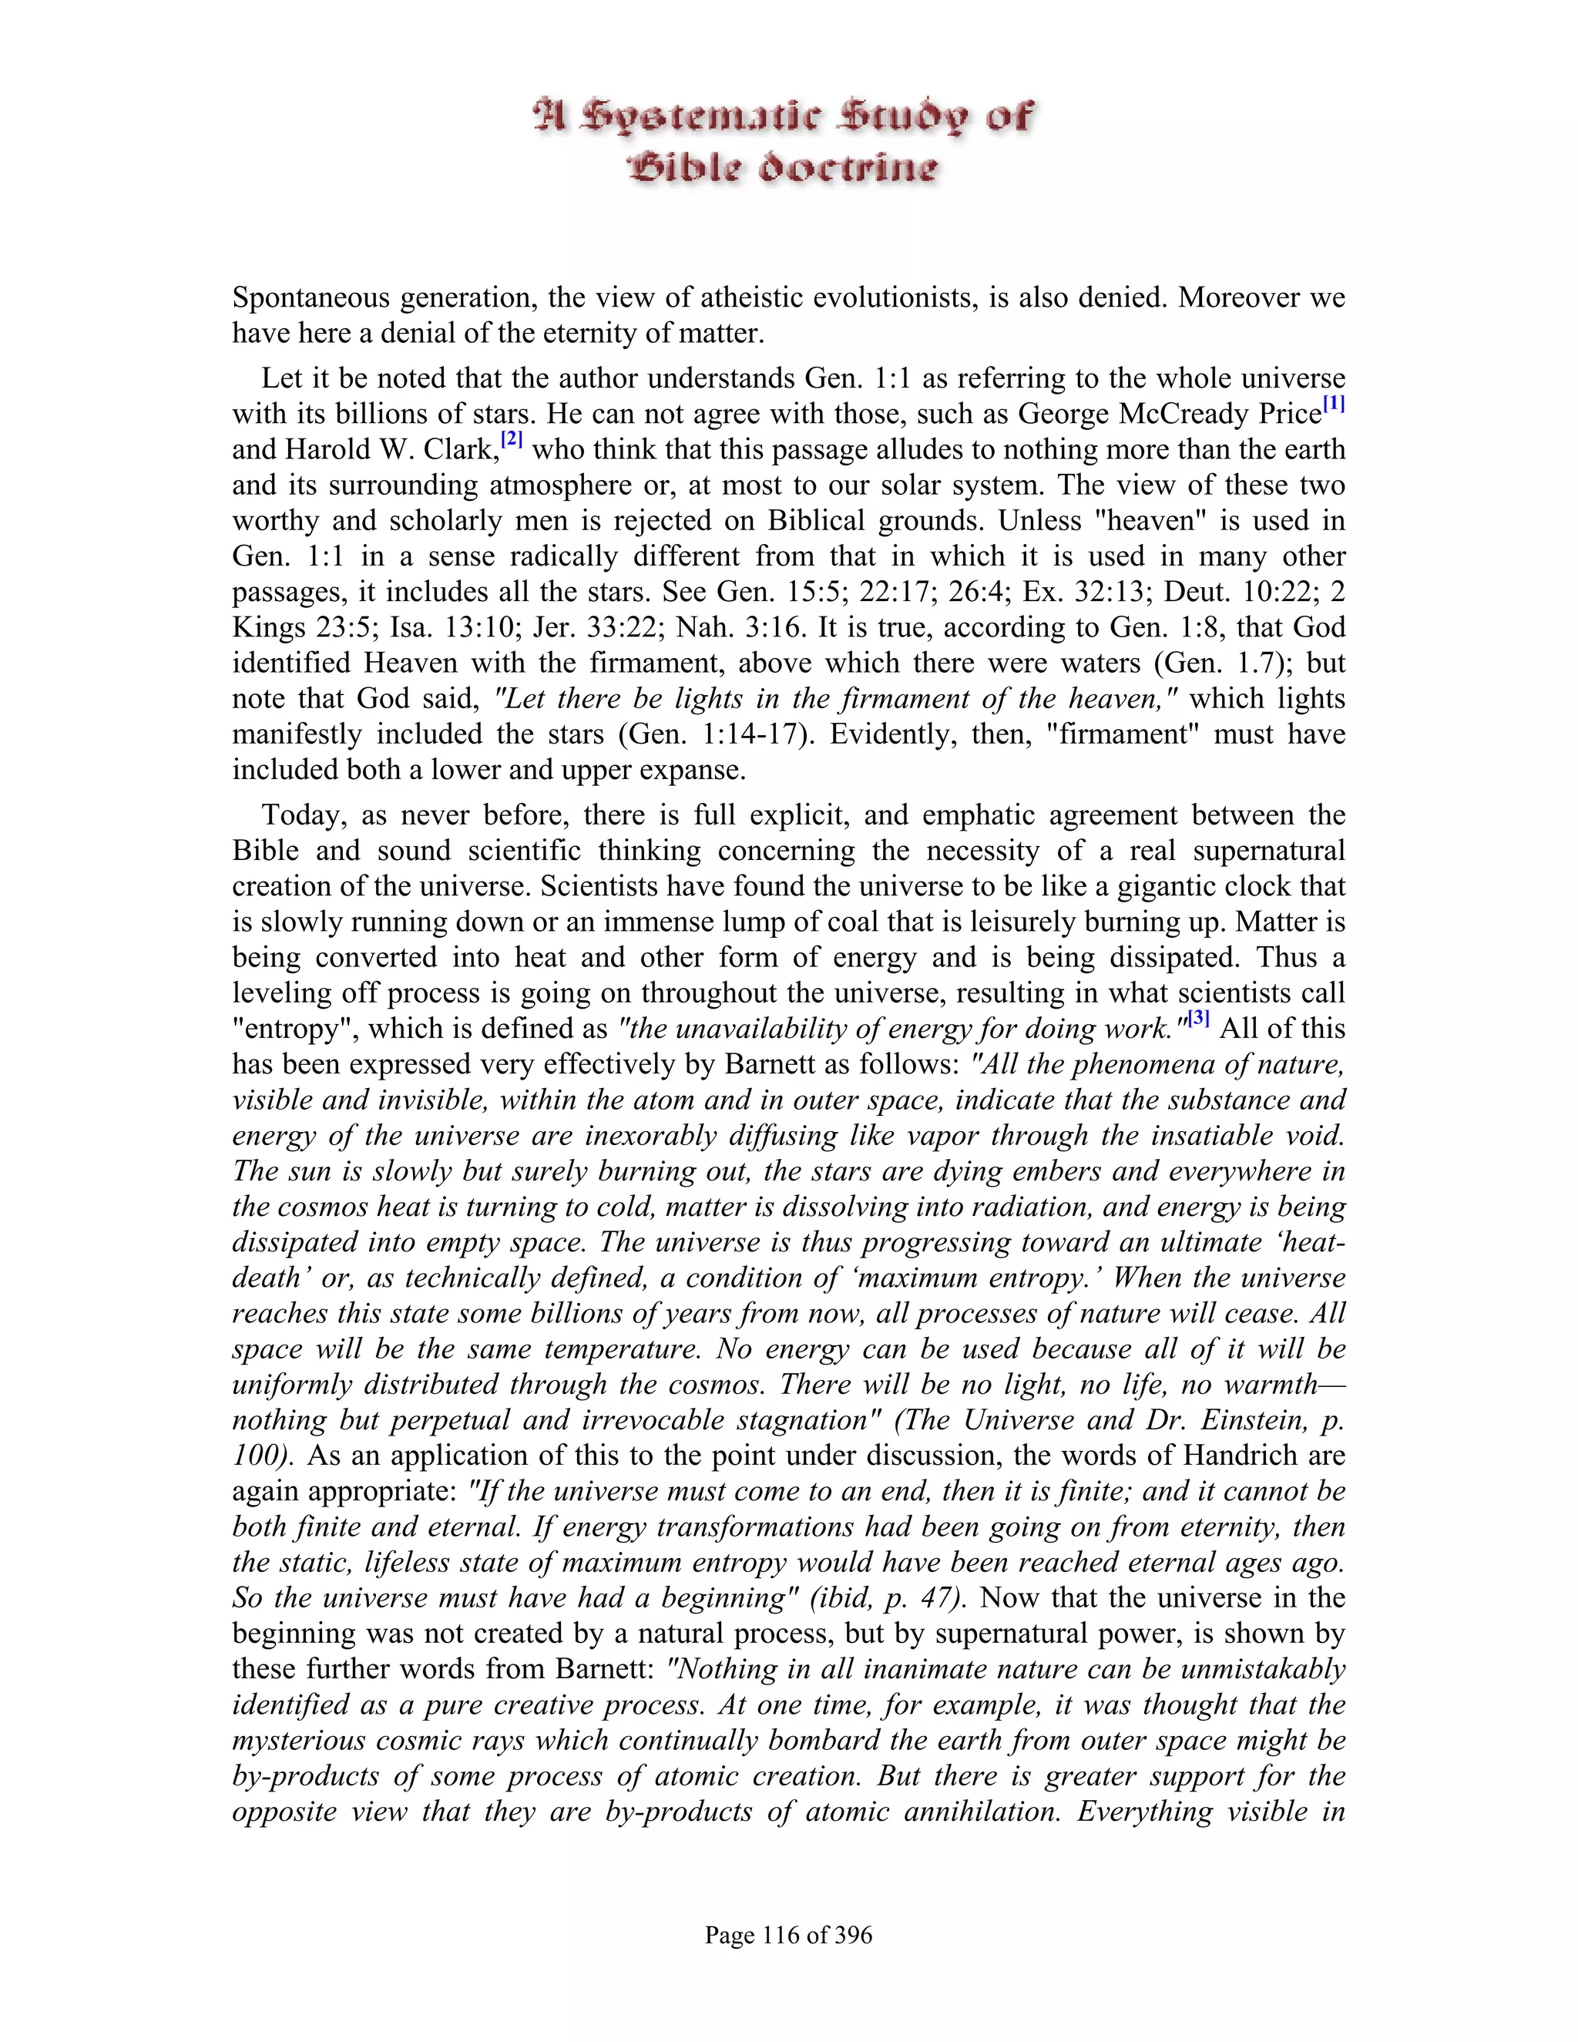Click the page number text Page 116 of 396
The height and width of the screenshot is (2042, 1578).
coord(788,1934)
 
